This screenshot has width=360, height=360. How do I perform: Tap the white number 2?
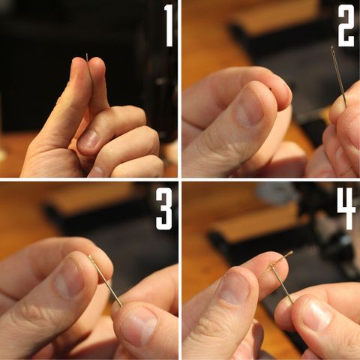point(346,25)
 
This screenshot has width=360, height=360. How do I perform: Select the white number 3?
point(164,208)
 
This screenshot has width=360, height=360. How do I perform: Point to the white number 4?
point(346,208)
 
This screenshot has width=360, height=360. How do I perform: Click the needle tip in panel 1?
point(86,54)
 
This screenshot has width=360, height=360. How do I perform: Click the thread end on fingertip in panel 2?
point(271,88)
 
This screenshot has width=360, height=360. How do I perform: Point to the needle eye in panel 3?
point(91,257)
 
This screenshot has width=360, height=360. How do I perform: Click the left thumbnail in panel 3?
point(69,279)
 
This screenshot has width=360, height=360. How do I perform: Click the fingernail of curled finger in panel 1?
point(88,138)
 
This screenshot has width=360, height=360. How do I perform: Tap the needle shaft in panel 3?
point(106,281)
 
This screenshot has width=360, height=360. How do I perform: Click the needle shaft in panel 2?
point(339,77)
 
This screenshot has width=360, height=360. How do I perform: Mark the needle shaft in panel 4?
point(281,284)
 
